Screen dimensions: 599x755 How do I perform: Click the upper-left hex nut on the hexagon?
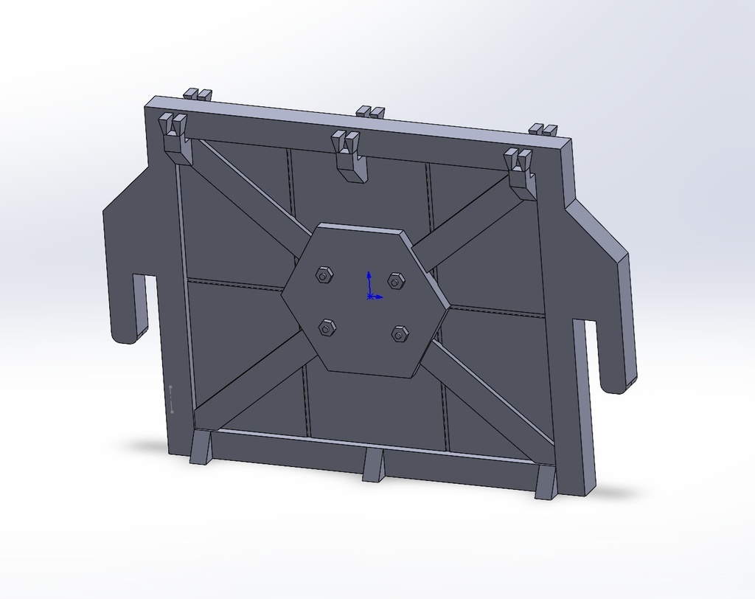click(x=324, y=275)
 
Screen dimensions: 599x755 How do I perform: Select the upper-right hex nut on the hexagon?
click(x=396, y=281)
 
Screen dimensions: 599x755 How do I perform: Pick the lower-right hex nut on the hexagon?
click(x=400, y=334)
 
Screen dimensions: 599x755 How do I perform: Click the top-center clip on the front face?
click(x=349, y=155)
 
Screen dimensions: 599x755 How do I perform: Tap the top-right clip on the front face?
click(x=520, y=173)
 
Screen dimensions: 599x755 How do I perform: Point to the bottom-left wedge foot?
click(x=201, y=448)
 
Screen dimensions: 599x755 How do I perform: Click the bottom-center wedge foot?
click(x=373, y=465)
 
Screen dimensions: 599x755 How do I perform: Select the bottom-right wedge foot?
click(x=546, y=483)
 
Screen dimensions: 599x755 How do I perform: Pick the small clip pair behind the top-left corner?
click(x=197, y=94)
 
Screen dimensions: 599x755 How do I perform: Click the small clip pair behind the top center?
click(x=370, y=112)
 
